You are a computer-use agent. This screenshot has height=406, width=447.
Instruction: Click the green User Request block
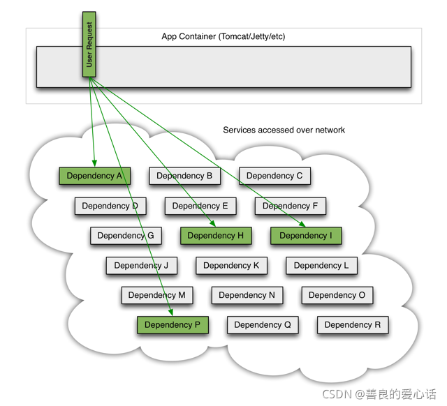[89, 44]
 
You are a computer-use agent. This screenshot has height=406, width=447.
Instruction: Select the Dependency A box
[94, 176]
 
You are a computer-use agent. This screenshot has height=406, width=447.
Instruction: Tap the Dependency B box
[184, 176]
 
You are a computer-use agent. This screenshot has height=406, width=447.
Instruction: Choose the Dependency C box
[274, 176]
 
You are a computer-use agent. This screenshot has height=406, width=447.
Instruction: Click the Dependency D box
[110, 206]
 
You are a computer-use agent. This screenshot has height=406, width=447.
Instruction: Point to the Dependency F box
[290, 206]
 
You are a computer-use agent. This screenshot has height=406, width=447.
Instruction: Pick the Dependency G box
[126, 236]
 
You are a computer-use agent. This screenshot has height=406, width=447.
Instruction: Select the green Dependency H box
[216, 236]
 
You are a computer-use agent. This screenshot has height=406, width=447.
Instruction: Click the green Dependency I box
[306, 236]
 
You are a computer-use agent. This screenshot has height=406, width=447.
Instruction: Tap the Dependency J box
[141, 266]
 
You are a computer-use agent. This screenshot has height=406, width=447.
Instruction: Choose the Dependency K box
[231, 266]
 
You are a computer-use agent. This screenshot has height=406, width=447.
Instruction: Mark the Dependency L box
[321, 266]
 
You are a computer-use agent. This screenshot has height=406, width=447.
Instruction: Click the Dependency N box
[247, 295]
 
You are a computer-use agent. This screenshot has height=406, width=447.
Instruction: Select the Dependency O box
[337, 295]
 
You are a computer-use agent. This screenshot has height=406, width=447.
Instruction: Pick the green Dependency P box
[173, 325]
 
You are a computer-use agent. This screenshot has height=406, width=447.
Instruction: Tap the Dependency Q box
[263, 325]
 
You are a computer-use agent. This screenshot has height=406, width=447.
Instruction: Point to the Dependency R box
[353, 325]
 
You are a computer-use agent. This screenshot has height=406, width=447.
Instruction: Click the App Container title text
[223, 37]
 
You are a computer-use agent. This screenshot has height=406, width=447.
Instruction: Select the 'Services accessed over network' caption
[284, 130]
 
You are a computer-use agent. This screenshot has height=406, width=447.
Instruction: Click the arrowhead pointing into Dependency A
[94, 163]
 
